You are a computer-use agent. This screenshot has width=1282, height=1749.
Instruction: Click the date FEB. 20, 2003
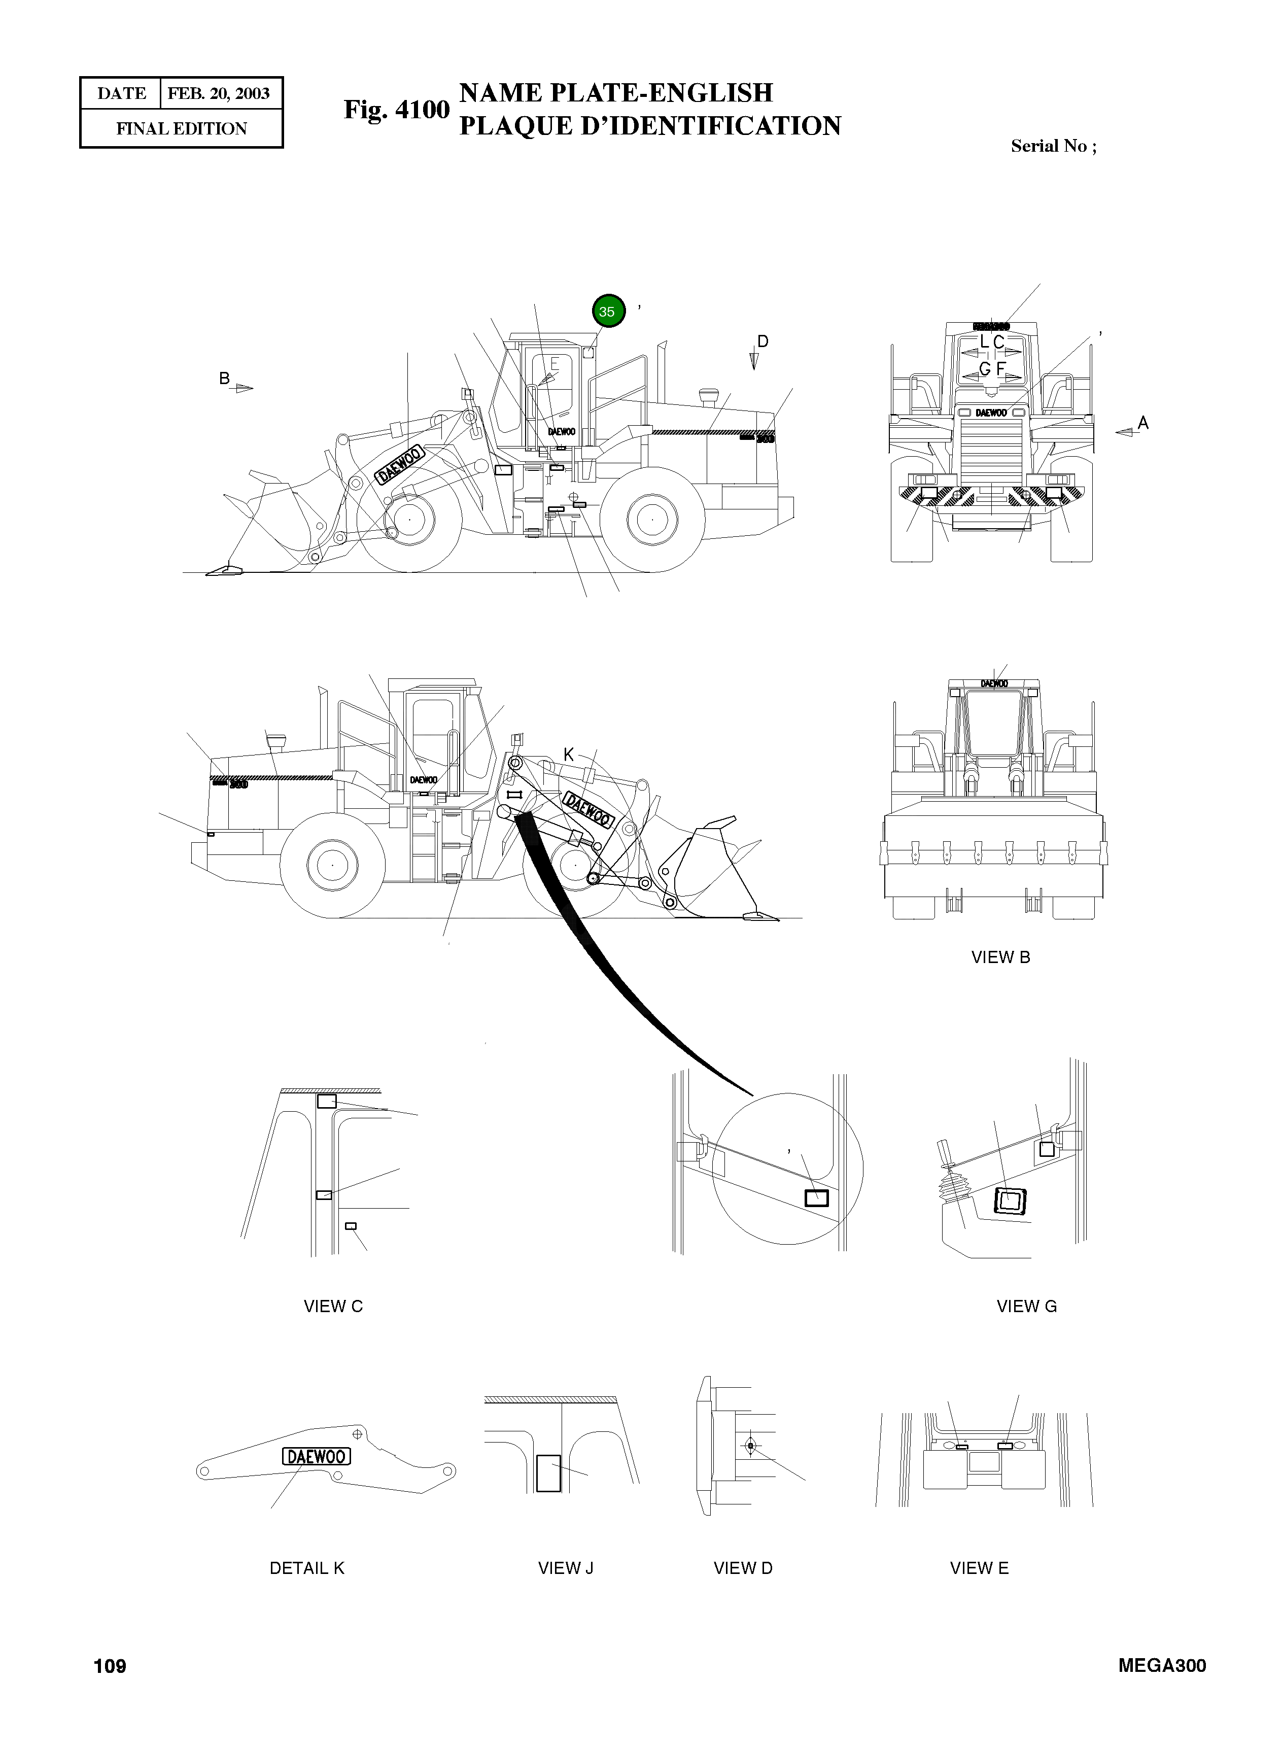click(x=218, y=94)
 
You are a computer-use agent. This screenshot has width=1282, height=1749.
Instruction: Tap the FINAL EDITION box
click(x=182, y=129)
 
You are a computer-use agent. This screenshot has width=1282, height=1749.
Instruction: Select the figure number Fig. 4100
click(x=397, y=110)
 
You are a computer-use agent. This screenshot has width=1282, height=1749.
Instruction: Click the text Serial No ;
click(x=1053, y=146)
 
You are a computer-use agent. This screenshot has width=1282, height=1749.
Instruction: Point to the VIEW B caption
click(x=1000, y=957)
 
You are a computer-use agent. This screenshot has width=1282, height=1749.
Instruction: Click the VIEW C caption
click(x=333, y=1307)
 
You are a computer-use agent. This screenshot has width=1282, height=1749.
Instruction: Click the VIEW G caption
click(x=1026, y=1307)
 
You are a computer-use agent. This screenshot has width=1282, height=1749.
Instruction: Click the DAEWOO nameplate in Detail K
click(x=317, y=1456)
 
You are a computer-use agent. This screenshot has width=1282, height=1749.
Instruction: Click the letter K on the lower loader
click(x=568, y=754)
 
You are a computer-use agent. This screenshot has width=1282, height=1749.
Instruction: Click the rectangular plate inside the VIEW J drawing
click(x=548, y=1473)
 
